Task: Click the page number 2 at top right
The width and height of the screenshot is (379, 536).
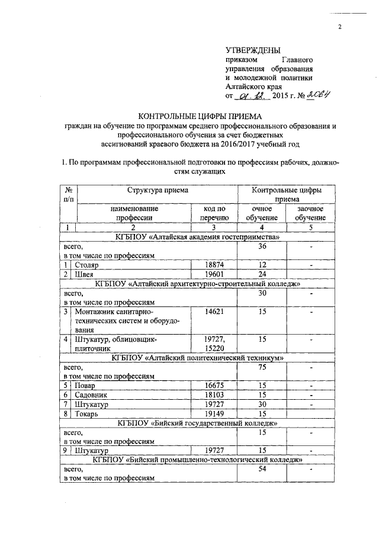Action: click(x=340, y=27)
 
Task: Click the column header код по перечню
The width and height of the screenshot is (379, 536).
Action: click(x=214, y=213)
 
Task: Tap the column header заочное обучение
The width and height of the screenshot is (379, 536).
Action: click(x=311, y=213)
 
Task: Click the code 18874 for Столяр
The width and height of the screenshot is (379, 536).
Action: click(x=214, y=265)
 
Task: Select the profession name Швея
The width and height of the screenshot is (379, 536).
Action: click(x=83, y=274)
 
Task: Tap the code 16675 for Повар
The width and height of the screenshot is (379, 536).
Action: click(x=214, y=385)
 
